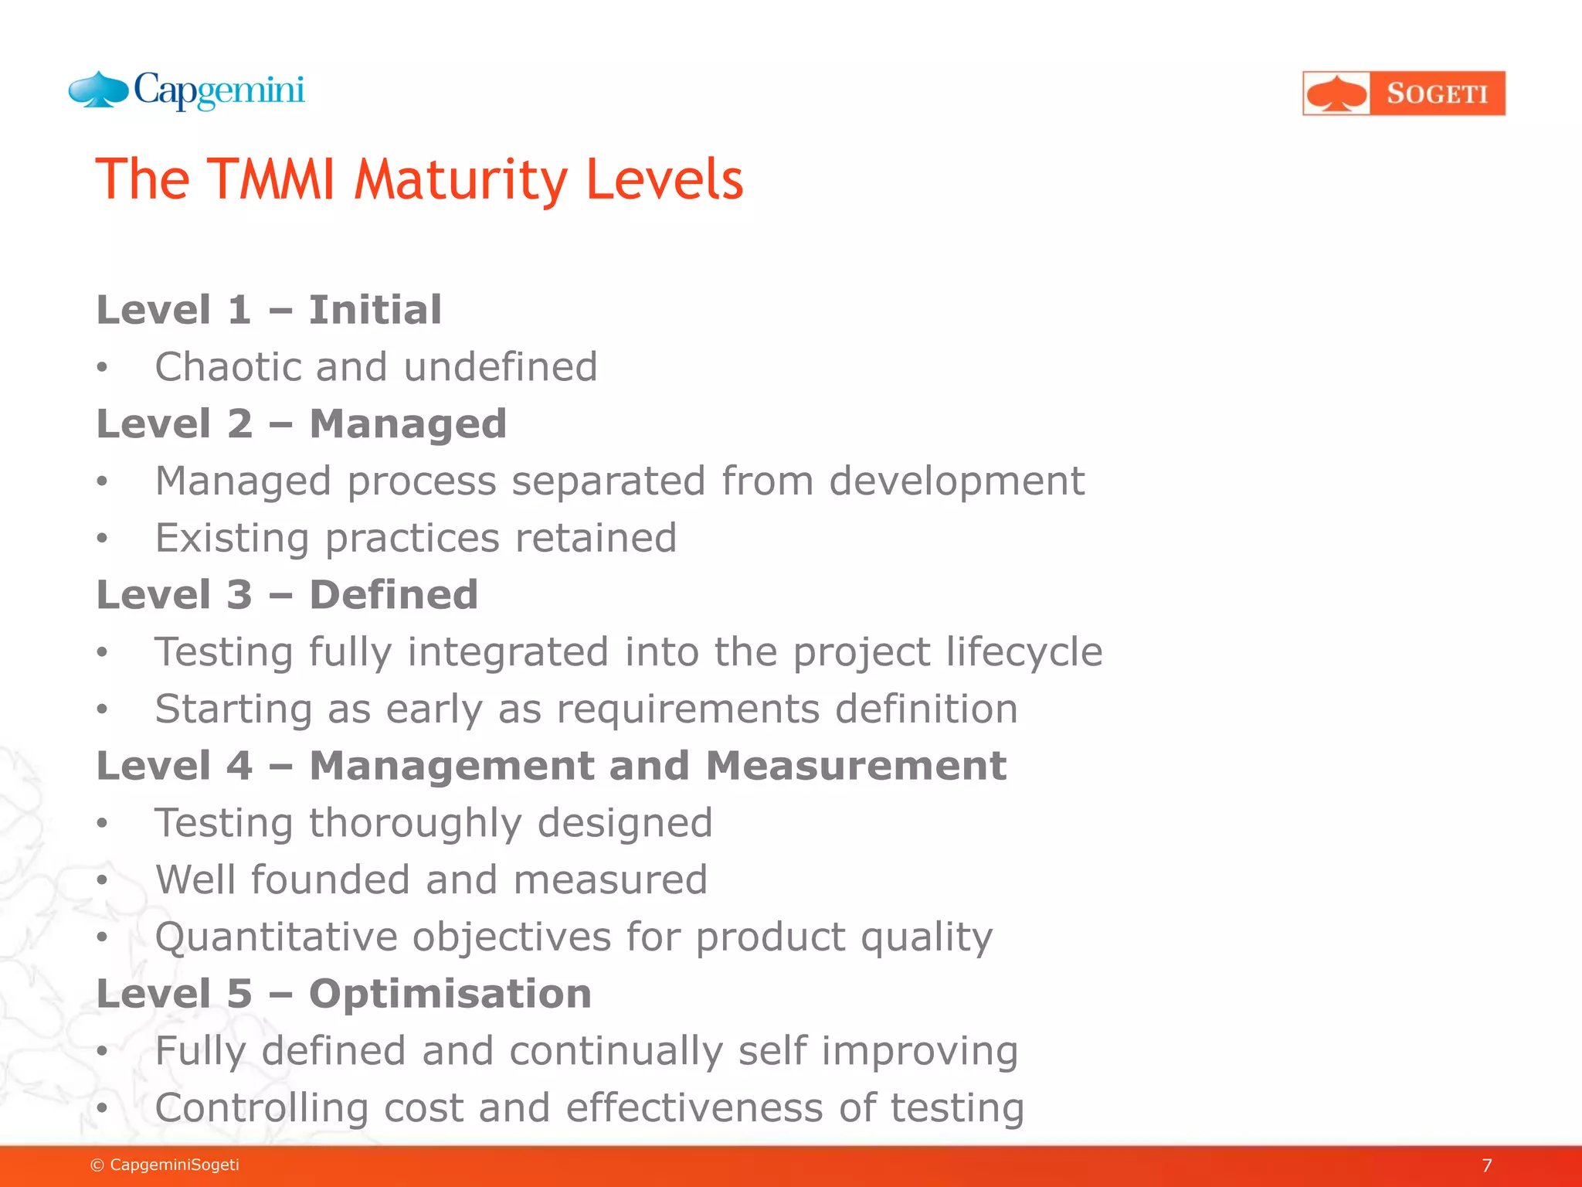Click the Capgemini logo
point(187,91)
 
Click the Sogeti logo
point(1404,94)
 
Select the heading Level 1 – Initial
point(269,310)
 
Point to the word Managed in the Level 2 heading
point(408,424)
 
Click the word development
point(956,481)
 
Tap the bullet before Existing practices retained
point(102,539)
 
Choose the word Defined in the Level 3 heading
point(393,595)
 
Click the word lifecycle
point(1024,651)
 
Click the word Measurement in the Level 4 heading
point(855,766)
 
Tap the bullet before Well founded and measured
point(102,880)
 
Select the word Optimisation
point(450,994)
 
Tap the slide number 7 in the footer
point(1487,1165)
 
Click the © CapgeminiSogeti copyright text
point(165,1165)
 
